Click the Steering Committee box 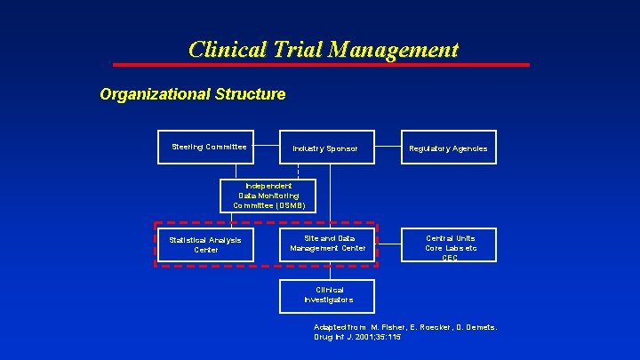(x=209, y=147)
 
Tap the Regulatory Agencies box (x=448, y=148)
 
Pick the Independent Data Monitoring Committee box (x=268, y=195)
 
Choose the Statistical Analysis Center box (x=205, y=244)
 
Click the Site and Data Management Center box (x=327, y=244)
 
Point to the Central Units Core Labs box (x=450, y=245)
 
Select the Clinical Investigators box (x=327, y=296)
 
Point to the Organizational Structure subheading (x=193, y=93)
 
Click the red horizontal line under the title (x=320, y=65)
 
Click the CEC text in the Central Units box (x=450, y=259)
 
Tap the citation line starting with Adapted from (x=404, y=327)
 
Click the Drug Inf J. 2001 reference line (x=356, y=339)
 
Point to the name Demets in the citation (x=477, y=327)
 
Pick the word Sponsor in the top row (x=341, y=148)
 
